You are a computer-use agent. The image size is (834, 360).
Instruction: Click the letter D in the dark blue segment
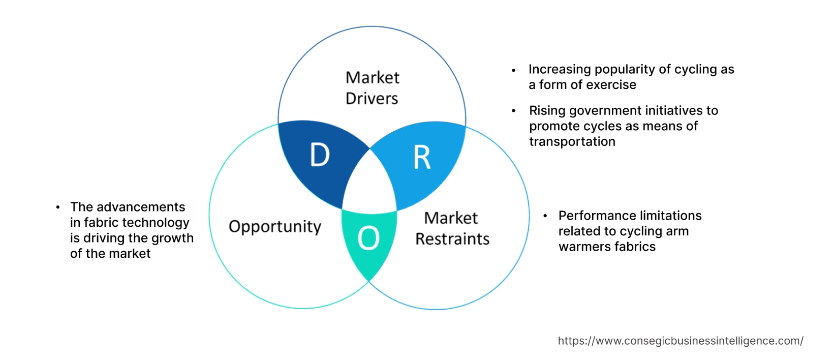(x=320, y=155)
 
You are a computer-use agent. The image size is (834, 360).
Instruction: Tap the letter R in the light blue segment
(x=422, y=158)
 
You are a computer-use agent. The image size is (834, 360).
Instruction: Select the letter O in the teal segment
(x=368, y=238)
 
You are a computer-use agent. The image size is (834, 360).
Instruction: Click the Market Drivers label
(x=372, y=87)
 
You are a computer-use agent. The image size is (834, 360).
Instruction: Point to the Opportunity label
(x=275, y=226)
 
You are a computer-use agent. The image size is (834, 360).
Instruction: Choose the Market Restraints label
(x=452, y=228)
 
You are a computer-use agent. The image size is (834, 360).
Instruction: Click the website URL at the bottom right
(x=680, y=341)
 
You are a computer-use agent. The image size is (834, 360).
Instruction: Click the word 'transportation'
(x=572, y=141)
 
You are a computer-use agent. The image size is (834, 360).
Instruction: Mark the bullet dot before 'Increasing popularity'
(x=514, y=70)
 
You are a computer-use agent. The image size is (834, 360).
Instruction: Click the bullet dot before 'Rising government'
(x=514, y=111)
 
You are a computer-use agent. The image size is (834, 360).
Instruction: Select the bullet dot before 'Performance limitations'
(x=545, y=216)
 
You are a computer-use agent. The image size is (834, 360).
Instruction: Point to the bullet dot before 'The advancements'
(x=58, y=207)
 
